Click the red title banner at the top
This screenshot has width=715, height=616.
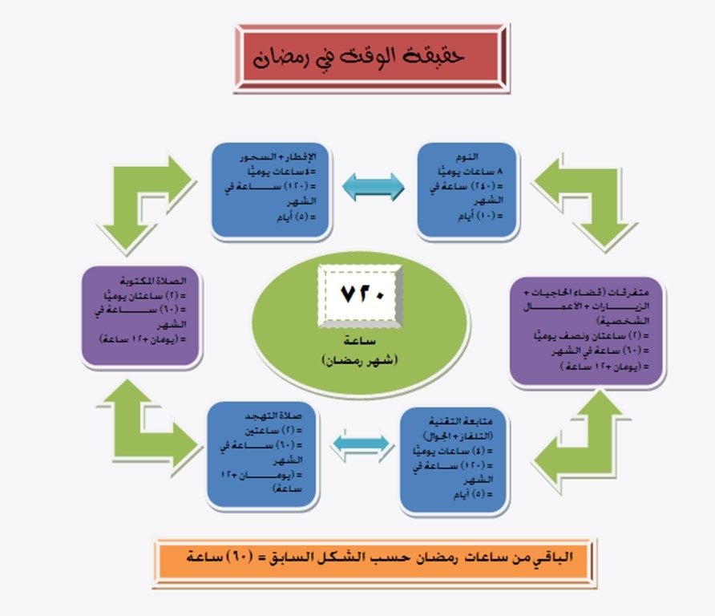point(371,58)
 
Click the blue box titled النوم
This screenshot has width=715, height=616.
point(469,190)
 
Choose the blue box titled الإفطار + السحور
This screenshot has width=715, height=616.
point(272,190)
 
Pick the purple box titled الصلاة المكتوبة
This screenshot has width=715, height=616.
point(141,318)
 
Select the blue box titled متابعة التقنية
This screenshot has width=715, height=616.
point(454,460)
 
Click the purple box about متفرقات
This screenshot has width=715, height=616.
point(587,330)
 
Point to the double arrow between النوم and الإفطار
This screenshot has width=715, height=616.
point(373,187)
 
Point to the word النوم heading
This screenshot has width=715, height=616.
point(489,157)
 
